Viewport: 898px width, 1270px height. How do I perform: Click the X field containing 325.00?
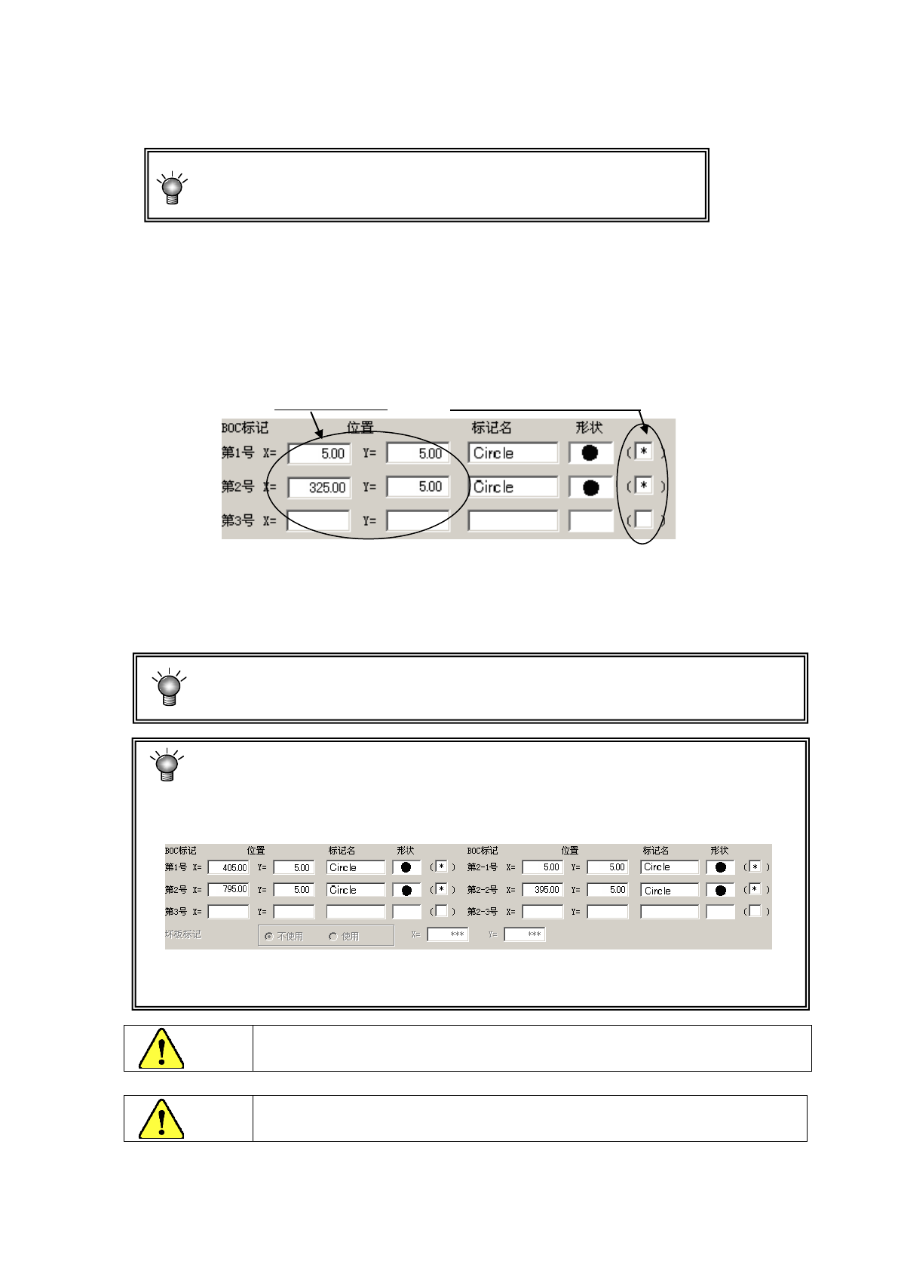(x=319, y=488)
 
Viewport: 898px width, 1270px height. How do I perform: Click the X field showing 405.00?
(x=228, y=868)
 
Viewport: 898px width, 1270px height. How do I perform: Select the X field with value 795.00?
(x=228, y=890)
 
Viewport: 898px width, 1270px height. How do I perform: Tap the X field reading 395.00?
(x=542, y=890)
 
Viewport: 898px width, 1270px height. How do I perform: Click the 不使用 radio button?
(x=268, y=937)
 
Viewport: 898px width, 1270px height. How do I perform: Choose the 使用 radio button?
(x=333, y=937)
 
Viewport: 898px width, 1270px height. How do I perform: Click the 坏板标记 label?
(x=183, y=934)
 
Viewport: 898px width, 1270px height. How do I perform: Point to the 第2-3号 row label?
(x=483, y=912)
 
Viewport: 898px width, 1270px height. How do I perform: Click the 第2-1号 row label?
(x=483, y=867)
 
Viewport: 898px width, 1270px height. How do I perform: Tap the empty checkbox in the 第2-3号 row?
(x=755, y=911)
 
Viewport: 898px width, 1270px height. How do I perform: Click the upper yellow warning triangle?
(x=161, y=1049)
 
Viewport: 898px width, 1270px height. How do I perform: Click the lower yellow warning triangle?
(x=161, y=1119)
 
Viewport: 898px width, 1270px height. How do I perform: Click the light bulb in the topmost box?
(x=173, y=188)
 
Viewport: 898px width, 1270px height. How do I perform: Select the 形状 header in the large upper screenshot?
(x=589, y=428)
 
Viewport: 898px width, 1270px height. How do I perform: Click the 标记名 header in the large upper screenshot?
(x=492, y=428)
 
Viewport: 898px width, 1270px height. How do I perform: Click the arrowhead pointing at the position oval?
(x=319, y=434)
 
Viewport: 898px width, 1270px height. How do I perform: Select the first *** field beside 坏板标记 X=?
(x=448, y=934)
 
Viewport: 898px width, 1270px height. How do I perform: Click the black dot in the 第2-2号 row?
(x=721, y=891)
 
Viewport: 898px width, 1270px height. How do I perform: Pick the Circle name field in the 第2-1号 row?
(x=670, y=867)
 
